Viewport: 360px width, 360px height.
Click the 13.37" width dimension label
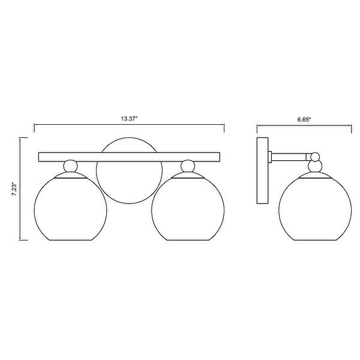coord(129,119)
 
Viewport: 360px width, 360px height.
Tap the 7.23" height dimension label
coord(14,189)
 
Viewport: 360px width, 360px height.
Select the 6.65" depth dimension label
coord(304,119)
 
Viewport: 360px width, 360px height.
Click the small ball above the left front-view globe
coord(70,166)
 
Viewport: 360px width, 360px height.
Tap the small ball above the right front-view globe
coord(188,166)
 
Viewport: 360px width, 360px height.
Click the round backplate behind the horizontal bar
coord(129,138)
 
